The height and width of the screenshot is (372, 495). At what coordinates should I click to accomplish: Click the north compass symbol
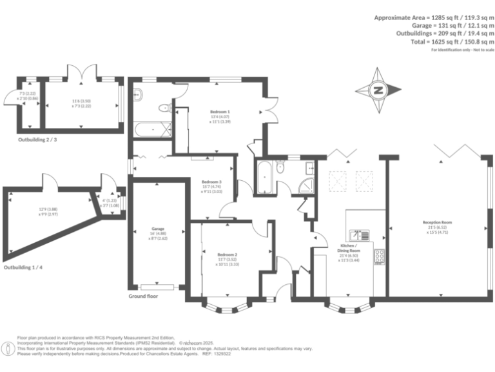click(379, 90)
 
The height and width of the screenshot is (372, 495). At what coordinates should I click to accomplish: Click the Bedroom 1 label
click(220, 112)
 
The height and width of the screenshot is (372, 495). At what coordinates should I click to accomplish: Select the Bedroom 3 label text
click(211, 182)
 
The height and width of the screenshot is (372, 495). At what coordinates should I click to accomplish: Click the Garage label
click(159, 229)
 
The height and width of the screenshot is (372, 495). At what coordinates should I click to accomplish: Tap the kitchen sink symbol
click(359, 234)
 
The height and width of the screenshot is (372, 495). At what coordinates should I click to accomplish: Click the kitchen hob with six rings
click(380, 256)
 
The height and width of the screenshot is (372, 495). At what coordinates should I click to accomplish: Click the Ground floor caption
click(143, 296)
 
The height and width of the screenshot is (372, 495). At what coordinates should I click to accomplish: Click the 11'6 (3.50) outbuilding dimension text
click(81, 100)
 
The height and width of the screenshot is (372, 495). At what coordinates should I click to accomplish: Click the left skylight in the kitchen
click(338, 179)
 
